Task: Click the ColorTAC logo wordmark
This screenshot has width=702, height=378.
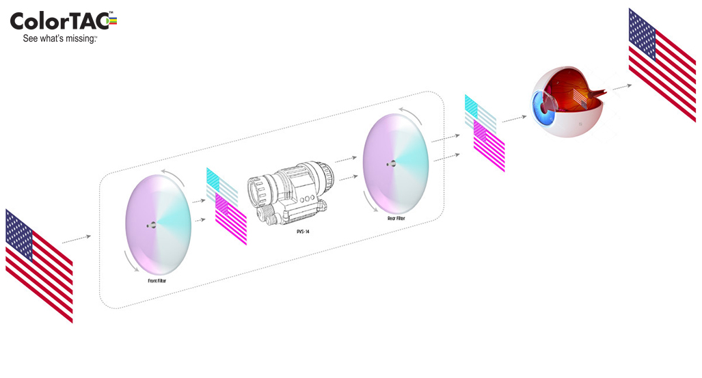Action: pos(63,21)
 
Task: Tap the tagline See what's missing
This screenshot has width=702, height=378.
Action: pos(59,39)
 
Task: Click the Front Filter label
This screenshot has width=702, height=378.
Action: pos(157,281)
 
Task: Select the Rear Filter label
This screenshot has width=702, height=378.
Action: pos(396,219)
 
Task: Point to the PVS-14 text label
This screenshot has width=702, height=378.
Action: pos(303,232)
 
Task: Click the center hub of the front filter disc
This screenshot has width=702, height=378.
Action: pos(152,226)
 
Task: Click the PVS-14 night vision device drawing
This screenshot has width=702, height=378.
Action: pos(291,193)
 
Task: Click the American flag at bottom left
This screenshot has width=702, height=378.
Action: pos(39,265)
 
